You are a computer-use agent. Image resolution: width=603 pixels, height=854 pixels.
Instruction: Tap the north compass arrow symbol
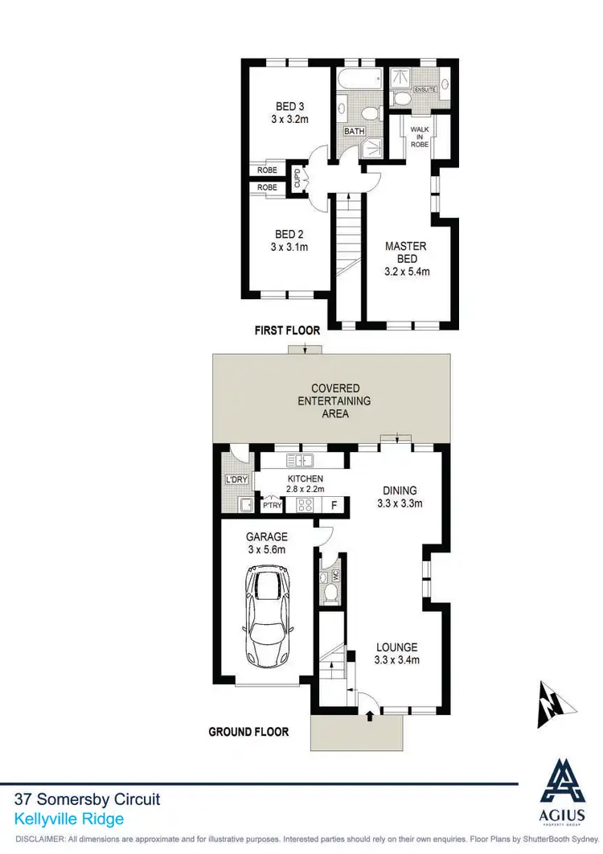(556, 704)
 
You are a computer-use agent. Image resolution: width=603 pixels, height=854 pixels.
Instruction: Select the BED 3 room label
(289, 112)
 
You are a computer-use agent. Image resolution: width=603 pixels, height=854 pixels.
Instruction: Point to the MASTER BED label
(406, 258)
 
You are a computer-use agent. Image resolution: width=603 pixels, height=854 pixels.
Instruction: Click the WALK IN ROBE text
(420, 137)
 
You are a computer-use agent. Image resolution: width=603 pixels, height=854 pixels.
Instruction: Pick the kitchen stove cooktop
(306, 505)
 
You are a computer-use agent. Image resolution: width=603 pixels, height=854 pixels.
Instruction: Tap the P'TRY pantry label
(273, 506)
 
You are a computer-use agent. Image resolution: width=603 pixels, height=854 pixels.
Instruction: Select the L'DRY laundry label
(237, 481)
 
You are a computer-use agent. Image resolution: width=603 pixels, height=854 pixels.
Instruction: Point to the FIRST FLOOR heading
(287, 331)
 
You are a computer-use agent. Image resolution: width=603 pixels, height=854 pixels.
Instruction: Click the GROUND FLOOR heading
(248, 732)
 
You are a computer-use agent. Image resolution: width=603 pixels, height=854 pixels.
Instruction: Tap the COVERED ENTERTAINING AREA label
(335, 400)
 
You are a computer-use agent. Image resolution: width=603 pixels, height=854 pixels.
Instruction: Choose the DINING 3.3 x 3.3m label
(400, 497)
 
